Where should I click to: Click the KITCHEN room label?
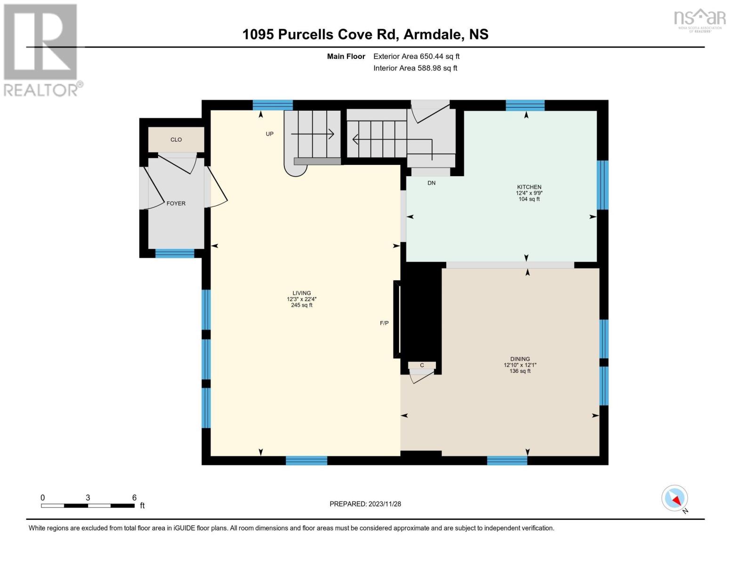click(529, 187)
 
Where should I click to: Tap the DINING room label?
click(520, 359)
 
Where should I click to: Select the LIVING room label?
click(302, 293)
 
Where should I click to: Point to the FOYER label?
click(176, 203)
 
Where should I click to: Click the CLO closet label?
click(176, 139)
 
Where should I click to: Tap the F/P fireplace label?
click(384, 323)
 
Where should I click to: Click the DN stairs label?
click(431, 183)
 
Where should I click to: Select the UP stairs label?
click(269, 134)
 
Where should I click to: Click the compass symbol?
click(675, 498)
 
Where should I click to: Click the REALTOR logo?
click(42, 50)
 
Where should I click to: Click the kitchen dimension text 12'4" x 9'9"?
click(529, 193)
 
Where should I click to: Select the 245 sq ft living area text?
click(302, 305)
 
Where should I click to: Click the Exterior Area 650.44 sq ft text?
click(416, 56)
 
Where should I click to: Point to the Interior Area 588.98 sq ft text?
click(415, 68)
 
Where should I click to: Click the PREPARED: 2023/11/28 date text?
click(365, 504)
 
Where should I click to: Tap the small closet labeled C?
click(422, 365)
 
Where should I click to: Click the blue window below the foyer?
click(175, 253)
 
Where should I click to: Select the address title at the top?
click(365, 34)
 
